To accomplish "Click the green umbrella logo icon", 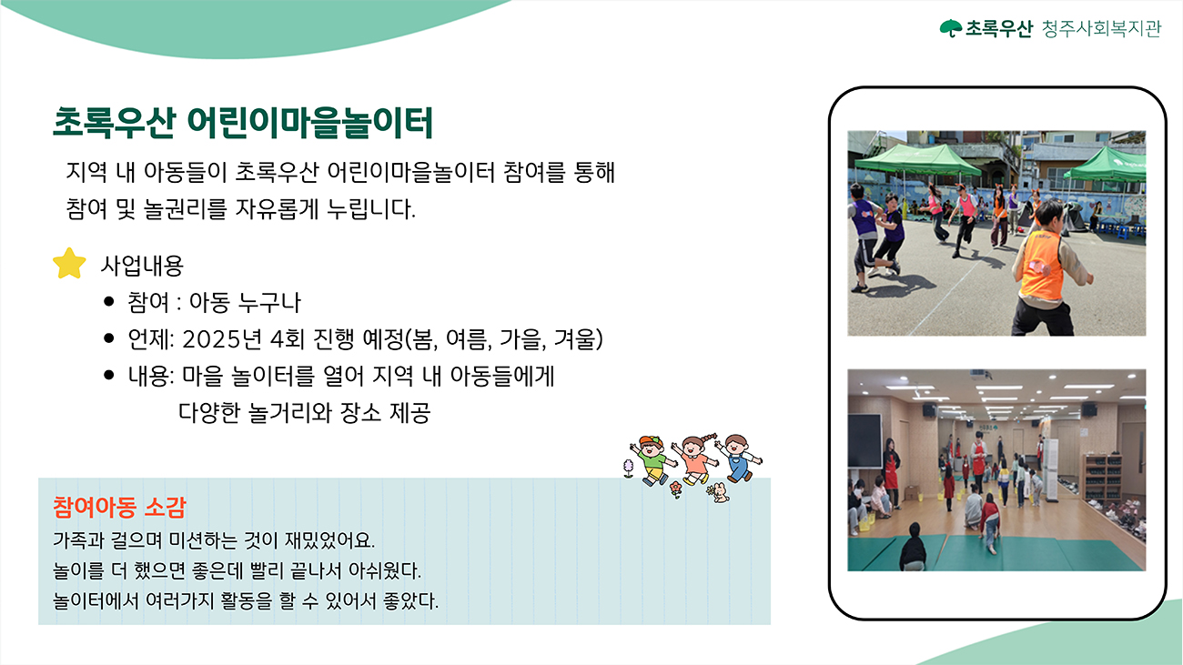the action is [x=951, y=28].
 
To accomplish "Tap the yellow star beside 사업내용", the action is [x=69, y=263].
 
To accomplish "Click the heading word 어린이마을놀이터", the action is [x=310, y=123].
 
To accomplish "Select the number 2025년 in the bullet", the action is [x=222, y=339].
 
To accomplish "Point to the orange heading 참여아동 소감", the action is [x=119, y=508].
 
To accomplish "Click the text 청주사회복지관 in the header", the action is [x=1101, y=28].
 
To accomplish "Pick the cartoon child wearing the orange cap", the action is [x=652, y=460].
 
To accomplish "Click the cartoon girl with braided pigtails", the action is [x=696, y=459].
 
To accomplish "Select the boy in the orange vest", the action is [x=1048, y=269].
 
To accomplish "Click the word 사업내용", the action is [x=142, y=266].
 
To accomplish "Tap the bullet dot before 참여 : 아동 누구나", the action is [x=109, y=302].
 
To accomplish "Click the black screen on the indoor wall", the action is [x=864, y=440].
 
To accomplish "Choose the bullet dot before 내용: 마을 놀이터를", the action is [x=109, y=375].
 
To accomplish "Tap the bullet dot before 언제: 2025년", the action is [x=109, y=338].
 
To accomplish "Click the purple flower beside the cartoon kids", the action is [x=628, y=469].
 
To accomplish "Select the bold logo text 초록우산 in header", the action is [x=998, y=28].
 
